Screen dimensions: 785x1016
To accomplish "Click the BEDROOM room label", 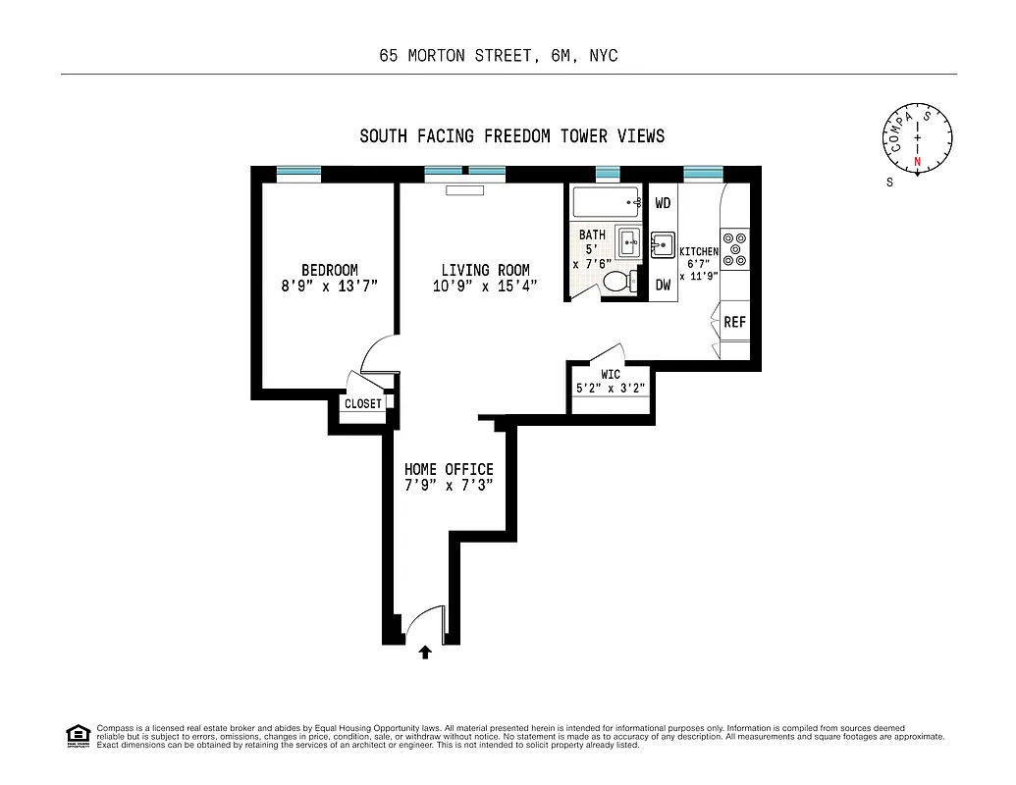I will coord(329,270).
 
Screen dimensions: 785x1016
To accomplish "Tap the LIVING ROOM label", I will coord(485,270).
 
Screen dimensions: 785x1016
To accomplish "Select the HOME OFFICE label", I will coord(449,469).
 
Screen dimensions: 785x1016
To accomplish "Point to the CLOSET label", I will coord(363,403).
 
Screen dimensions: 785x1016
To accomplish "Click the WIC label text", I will coord(611,374).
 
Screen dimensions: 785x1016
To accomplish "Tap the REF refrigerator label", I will coord(734,322).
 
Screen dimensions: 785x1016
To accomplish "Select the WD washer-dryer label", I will coord(663,203).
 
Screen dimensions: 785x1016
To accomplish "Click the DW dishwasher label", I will coord(663,285).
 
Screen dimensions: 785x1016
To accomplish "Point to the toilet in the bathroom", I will coord(618,282).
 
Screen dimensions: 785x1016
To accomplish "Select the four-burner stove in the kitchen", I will coord(734,249).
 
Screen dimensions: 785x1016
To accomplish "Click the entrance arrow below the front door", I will coord(424,653).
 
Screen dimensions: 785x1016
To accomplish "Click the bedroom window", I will coord(298,174).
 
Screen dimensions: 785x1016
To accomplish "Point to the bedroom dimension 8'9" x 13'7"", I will coord(329,287).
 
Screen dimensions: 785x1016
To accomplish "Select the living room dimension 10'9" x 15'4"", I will coord(485,287).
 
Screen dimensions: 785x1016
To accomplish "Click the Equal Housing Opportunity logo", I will coord(78,735).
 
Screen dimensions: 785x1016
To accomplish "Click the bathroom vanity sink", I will coord(628,240).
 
